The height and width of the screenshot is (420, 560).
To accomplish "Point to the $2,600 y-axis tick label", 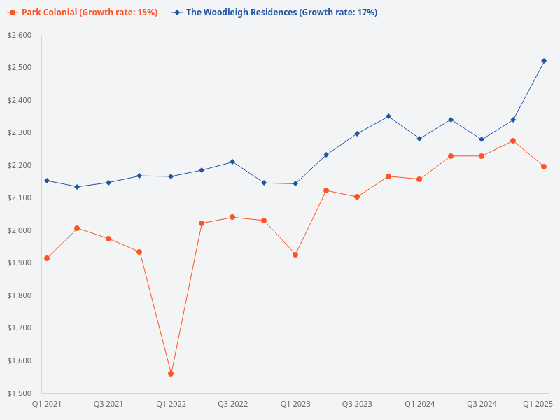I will (x=20, y=35).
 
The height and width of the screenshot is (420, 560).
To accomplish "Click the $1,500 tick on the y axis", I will (x=20, y=393).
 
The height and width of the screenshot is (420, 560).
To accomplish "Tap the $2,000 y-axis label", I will (x=20, y=230).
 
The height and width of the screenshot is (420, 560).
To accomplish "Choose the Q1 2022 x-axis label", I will (x=171, y=404).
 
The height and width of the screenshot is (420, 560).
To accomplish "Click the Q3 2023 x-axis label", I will (x=357, y=404).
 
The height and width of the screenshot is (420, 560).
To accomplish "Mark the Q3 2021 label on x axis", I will (x=108, y=404).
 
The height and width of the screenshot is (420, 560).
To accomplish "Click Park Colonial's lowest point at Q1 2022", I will (x=171, y=374).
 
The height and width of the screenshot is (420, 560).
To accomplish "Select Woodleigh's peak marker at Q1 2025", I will (x=544, y=61).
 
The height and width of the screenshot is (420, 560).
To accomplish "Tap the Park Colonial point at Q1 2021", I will (x=47, y=258).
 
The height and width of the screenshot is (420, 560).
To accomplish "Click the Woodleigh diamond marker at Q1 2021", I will (x=47, y=181).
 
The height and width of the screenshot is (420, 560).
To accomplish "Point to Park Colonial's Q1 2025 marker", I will (x=544, y=167).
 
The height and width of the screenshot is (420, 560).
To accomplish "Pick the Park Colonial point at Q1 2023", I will (x=295, y=255).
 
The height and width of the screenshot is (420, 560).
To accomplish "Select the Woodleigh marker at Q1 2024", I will (x=419, y=139).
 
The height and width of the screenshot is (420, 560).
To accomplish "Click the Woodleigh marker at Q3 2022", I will (x=232, y=162).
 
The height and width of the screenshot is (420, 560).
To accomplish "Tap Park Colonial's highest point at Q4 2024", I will (x=513, y=141).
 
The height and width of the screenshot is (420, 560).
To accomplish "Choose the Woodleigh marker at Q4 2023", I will (x=388, y=116).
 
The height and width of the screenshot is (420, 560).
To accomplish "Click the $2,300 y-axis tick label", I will (x=20, y=132).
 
